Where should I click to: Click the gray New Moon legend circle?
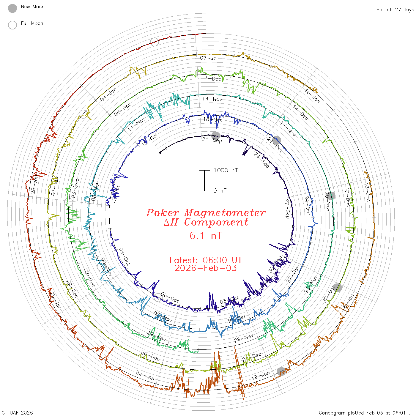click(x=12, y=8)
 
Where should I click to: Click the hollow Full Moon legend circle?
click(x=12, y=25)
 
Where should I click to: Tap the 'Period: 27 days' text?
click(x=395, y=10)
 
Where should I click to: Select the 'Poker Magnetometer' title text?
click(x=206, y=213)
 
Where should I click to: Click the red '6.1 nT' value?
click(x=206, y=236)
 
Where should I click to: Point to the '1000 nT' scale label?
click(x=226, y=170)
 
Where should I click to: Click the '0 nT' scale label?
click(x=220, y=190)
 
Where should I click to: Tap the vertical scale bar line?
click(x=204, y=180)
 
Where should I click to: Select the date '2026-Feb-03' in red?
click(x=206, y=268)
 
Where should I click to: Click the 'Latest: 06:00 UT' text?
click(x=206, y=260)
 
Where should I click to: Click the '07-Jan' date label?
click(x=210, y=58)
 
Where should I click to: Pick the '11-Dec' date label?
click(x=211, y=78)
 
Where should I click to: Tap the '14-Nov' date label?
click(x=212, y=99)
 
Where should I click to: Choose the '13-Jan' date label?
click(x=367, y=192)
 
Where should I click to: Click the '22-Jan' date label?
click(x=145, y=375)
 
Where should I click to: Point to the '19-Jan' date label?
click(x=260, y=376)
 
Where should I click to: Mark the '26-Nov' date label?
click(x=244, y=338)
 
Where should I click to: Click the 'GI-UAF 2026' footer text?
click(x=17, y=413)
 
